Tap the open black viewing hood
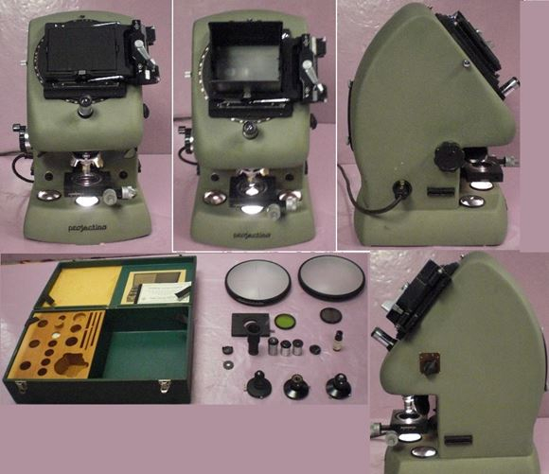[251, 57]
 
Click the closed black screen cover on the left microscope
[86, 54]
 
